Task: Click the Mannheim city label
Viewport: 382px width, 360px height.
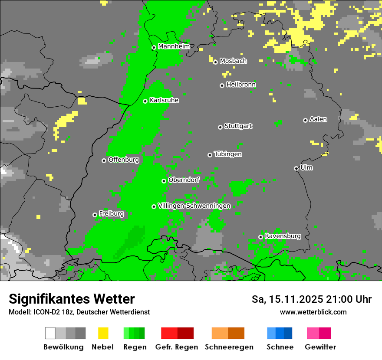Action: click(174, 46)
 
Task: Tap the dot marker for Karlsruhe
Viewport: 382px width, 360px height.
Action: click(145, 101)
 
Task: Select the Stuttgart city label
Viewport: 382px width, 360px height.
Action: click(238, 126)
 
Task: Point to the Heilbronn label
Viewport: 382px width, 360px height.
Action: click(241, 85)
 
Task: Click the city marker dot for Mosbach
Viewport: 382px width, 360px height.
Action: click(215, 62)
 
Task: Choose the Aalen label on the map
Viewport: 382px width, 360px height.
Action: click(318, 119)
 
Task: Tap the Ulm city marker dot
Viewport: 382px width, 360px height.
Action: click(296, 168)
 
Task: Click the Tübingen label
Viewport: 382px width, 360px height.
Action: click(228, 154)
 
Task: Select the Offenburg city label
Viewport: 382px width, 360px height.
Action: click(123, 160)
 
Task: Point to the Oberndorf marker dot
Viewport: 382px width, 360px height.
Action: click(164, 181)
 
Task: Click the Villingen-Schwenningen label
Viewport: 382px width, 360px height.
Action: click(194, 206)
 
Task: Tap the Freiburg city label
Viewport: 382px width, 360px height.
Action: click(111, 214)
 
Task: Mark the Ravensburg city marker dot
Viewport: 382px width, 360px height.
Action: click(260, 237)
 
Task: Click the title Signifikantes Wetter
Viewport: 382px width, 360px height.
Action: click(72, 299)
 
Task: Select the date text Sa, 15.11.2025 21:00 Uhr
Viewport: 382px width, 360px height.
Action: click(311, 299)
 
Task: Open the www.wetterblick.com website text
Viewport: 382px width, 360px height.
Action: click(313, 312)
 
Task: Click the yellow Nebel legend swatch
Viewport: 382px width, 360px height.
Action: click(103, 333)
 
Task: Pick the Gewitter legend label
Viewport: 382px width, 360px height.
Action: click(320, 347)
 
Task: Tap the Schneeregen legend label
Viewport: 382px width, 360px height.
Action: click(229, 347)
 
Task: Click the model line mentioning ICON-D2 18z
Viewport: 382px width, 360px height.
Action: click(79, 312)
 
